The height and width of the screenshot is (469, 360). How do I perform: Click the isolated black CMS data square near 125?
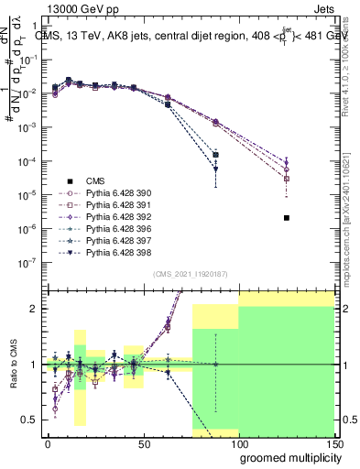click(x=287, y=218)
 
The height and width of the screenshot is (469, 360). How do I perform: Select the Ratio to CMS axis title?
click(x=12, y=365)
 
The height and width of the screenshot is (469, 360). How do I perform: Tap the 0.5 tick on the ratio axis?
click(x=29, y=420)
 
